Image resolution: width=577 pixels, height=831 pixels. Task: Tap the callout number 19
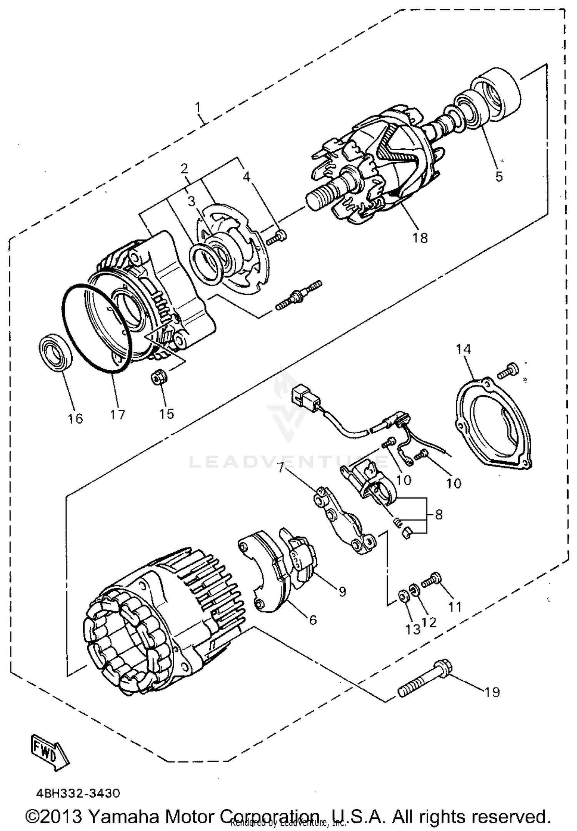coord(491,692)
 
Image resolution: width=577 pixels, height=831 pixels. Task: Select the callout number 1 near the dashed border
coord(198,107)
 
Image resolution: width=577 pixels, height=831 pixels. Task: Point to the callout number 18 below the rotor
coord(420,238)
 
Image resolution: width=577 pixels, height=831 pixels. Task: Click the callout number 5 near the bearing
coord(499,176)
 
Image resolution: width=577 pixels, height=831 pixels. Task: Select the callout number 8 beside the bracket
coord(439,514)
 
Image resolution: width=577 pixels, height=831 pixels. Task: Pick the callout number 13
coord(413,630)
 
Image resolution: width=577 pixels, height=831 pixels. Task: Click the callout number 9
coord(342,591)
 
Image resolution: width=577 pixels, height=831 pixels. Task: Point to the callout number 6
coord(313,619)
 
